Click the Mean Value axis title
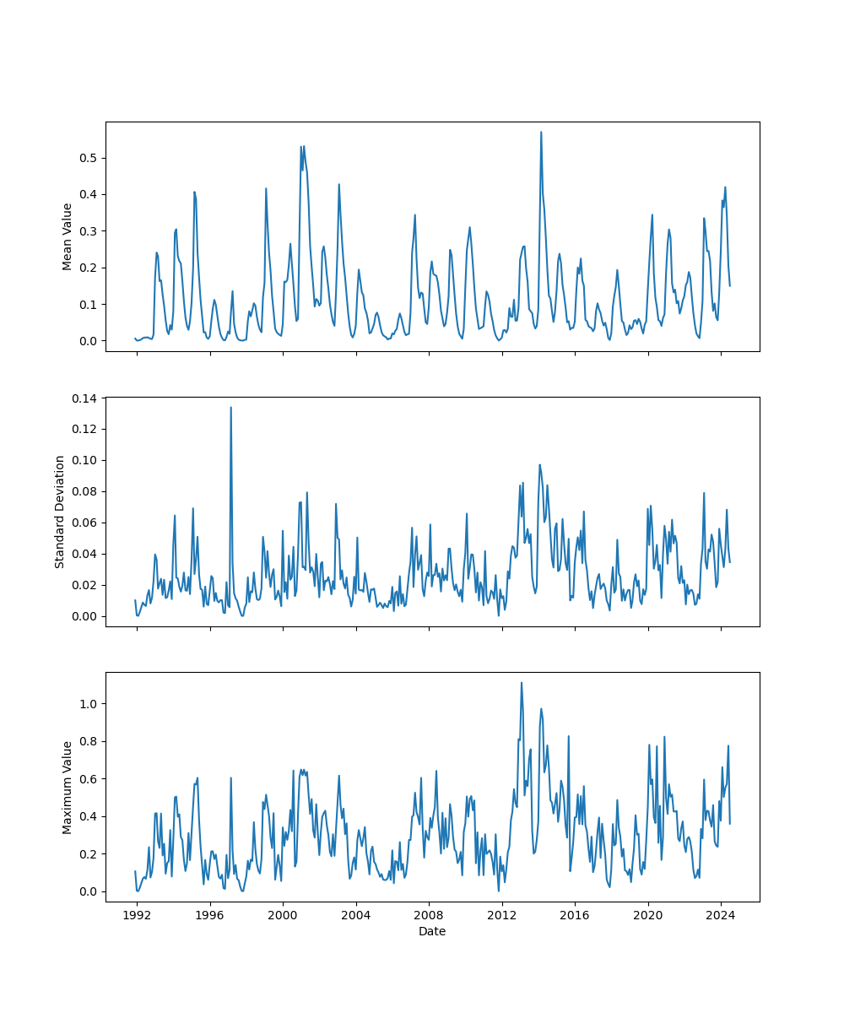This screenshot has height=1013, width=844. (x=68, y=236)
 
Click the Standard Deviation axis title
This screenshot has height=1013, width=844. (x=60, y=512)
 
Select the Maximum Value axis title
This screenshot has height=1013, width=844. (x=68, y=787)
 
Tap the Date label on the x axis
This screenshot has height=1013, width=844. (x=432, y=931)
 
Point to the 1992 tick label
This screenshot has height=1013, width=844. (x=137, y=915)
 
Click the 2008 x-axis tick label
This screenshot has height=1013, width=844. (x=429, y=915)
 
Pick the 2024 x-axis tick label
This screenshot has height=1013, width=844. (x=721, y=915)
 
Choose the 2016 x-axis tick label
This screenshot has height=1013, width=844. (x=575, y=915)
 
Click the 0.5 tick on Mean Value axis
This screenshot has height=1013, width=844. (x=89, y=158)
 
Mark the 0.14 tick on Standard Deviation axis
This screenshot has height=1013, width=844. (x=85, y=398)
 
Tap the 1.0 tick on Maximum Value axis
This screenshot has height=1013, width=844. (x=89, y=704)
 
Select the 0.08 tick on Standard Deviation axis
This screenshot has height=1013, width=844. (x=85, y=491)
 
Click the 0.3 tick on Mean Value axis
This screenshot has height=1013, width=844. (x=89, y=231)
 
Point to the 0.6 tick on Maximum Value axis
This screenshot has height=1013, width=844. (x=89, y=779)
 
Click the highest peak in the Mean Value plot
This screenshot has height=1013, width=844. (x=541, y=132)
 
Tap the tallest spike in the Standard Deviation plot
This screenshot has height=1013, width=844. (x=230, y=407)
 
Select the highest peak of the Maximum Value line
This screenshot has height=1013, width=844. (x=522, y=683)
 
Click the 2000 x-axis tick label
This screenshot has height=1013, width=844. (x=283, y=915)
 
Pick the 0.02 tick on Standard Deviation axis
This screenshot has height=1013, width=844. (x=85, y=585)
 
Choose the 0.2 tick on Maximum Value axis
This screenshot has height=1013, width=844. (x=89, y=854)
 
